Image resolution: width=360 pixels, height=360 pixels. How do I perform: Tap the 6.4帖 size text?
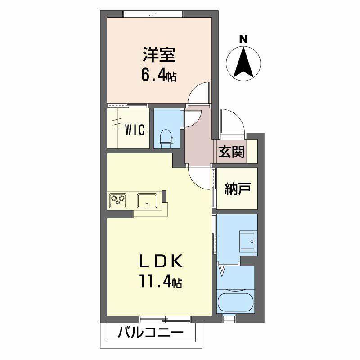pos(159,74)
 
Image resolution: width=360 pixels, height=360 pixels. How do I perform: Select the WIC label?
pos(135,130)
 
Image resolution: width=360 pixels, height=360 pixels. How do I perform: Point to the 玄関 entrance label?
pos(232,152)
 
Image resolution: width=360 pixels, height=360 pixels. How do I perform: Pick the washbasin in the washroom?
pos(247,241)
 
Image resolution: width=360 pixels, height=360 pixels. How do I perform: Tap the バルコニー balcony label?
pos(151,333)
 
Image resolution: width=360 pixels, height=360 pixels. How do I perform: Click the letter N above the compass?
pos(243,39)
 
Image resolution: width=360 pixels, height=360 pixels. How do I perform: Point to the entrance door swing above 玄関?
pos(233,121)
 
